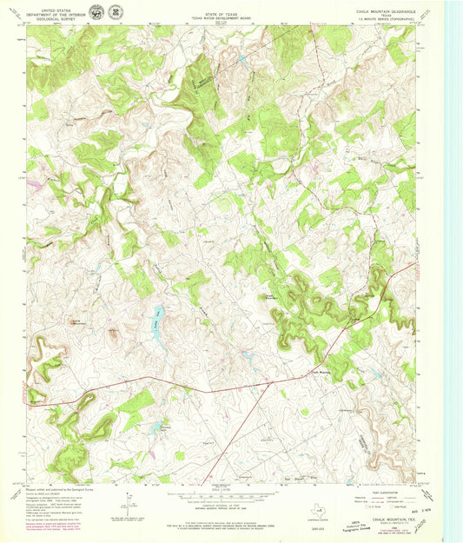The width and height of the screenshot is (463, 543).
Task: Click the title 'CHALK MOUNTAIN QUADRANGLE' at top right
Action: click(x=387, y=10)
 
